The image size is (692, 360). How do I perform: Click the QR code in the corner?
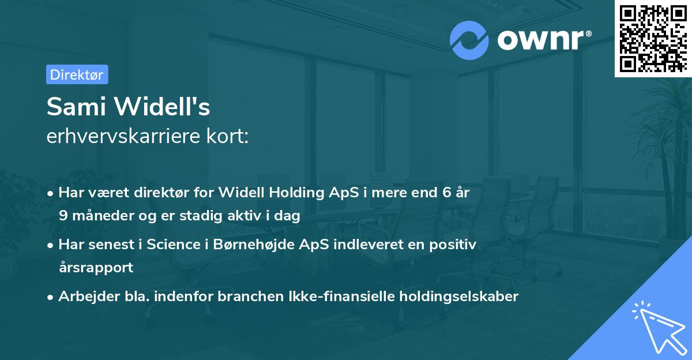[x=653, y=38]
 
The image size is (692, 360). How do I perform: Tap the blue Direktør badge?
[x=77, y=74]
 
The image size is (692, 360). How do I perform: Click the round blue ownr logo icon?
[x=469, y=40]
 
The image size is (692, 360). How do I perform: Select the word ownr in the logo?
[x=543, y=39]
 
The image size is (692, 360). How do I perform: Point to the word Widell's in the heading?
[x=164, y=107]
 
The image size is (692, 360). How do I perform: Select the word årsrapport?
[x=96, y=268]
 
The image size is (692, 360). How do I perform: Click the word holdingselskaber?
[x=457, y=297]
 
